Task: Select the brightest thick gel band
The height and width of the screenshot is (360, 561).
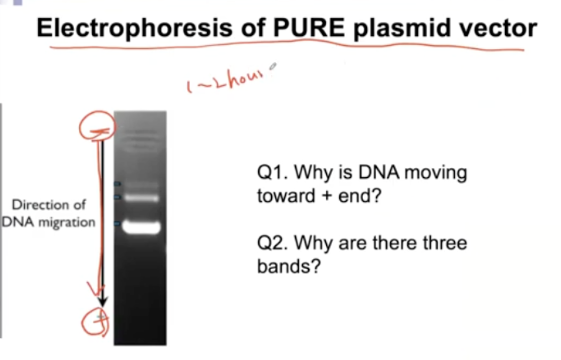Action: [141, 227]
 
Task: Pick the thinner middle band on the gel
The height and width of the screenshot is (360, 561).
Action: [141, 198]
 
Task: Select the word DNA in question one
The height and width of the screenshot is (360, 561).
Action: [379, 172]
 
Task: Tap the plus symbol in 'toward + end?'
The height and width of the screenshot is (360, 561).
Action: [327, 196]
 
